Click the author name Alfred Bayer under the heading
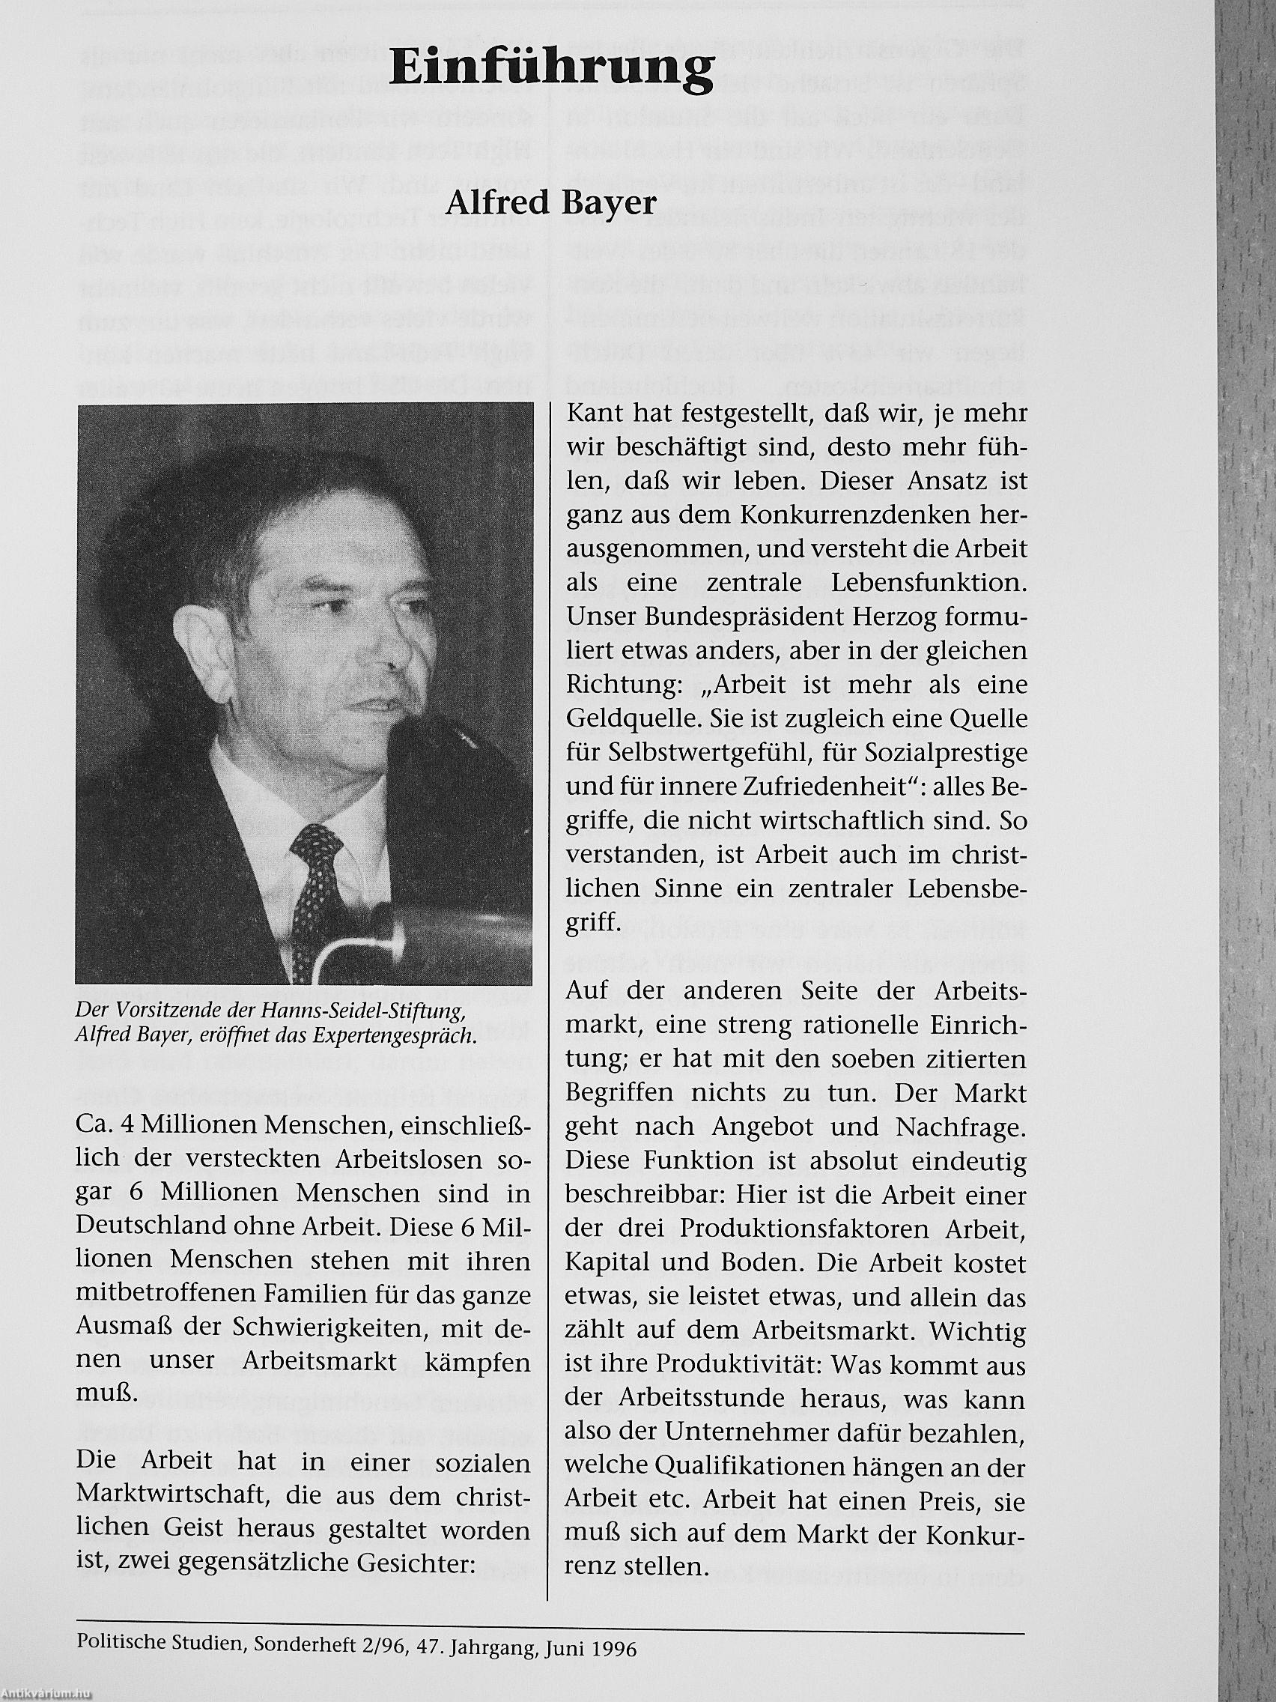550,203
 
